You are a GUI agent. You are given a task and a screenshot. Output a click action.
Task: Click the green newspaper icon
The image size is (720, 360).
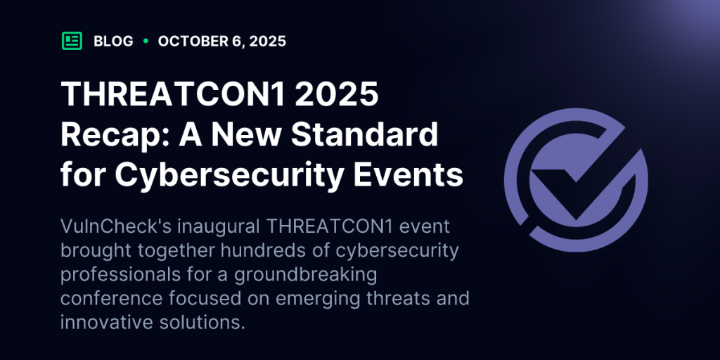[x=72, y=41]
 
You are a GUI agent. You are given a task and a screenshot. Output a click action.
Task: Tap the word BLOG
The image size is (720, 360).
[x=113, y=41]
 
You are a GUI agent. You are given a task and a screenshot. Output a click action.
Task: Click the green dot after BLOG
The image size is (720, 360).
[x=146, y=41]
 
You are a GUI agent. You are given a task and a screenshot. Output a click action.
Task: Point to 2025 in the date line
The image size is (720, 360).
[x=268, y=41]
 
